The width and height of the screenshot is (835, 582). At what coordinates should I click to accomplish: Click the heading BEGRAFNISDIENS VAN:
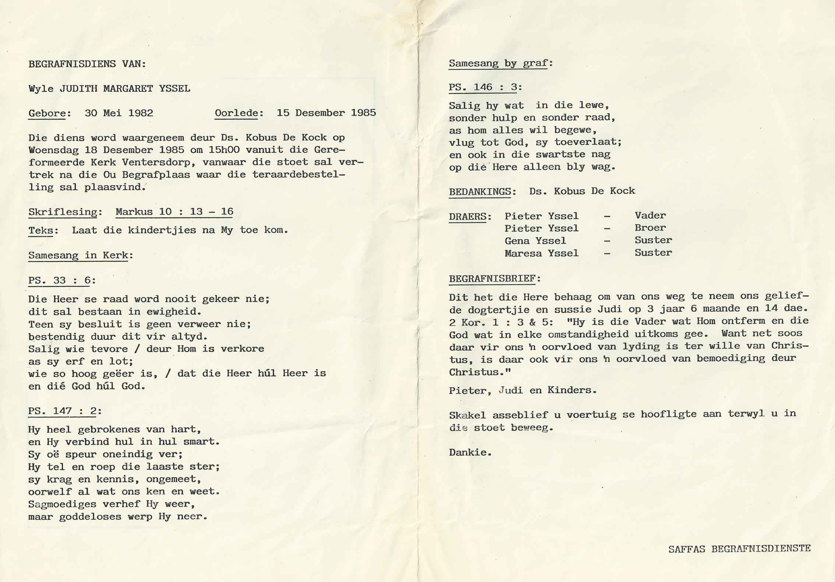(x=87, y=64)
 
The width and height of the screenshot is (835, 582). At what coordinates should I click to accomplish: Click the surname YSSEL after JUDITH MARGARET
(x=175, y=88)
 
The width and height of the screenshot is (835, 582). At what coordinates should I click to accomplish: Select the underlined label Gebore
(x=47, y=113)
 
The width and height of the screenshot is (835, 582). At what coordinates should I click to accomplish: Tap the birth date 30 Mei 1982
(x=119, y=113)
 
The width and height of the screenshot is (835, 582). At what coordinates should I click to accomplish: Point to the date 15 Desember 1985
(x=326, y=113)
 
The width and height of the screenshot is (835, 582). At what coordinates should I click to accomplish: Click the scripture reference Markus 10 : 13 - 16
(x=174, y=212)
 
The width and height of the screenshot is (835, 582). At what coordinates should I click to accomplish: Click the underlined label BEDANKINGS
(x=480, y=191)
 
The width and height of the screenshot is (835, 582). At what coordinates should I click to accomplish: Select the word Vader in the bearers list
(x=650, y=215)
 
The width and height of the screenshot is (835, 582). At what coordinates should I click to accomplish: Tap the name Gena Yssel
(x=535, y=241)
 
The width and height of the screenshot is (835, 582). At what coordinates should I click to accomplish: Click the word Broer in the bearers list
(x=650, y=228)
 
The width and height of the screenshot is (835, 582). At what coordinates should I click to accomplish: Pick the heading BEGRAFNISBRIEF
(x=492, y=279)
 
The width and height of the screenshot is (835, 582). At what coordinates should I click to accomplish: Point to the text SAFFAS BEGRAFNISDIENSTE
(x=739, y=549)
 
